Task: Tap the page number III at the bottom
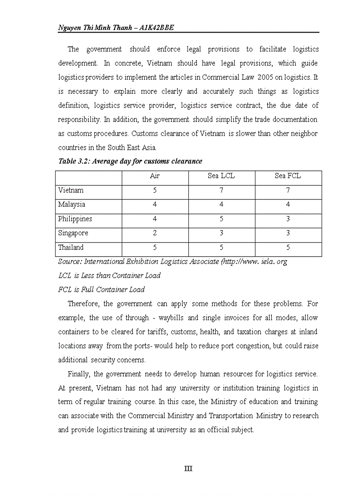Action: pyautogui.click(x=188, y=469)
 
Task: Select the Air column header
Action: pyautogui.click(x=155, y=176)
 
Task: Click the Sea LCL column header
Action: pyautogui.click(x=221, y=176)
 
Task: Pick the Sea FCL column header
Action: pyautogui.click(x=288, y=176)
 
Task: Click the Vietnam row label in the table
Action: pyautogui.click(x=71, y=190)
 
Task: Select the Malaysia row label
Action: pyautogui.click(x=71, y=205)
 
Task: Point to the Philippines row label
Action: pyautogui.click(x=75, y=219)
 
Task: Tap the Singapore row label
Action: pyautogui.click(x=73, y=233)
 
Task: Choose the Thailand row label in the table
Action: pyautogui.click(x=71, y=247)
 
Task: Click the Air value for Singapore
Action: pyautogui.click(x=155, y=233)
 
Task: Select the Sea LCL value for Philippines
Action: pyautogui.click(x=221, y=219)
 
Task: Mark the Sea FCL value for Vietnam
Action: pyautogui.click(x=288, y=190)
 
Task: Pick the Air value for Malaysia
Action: pyautogui.click(x=155, y=205)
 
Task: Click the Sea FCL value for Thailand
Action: pyautogui.click(x=288, y=247)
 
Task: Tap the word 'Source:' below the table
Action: pyautogui.click(x=70, y=261)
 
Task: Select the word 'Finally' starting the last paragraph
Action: pyautogui.click(x=79, y=374)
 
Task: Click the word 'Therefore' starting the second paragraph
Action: pyautogui.click(x=83, y=304)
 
